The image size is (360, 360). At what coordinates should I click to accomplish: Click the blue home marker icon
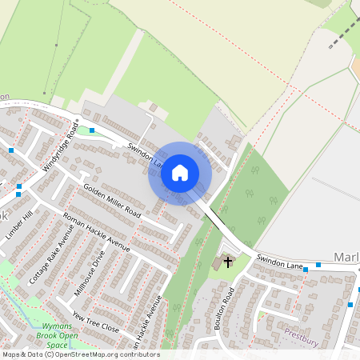click(179, 173)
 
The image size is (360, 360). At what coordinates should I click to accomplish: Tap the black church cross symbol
click(228, 261)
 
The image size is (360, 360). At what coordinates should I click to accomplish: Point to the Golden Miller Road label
click(112, 201)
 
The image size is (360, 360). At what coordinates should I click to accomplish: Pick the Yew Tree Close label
click(95, 322)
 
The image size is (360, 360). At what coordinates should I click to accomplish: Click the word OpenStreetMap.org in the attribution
click(87, 354)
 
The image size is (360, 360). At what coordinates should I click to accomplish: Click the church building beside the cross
click(219, 263)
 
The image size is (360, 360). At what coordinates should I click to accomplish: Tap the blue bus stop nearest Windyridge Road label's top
click(92, 129)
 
